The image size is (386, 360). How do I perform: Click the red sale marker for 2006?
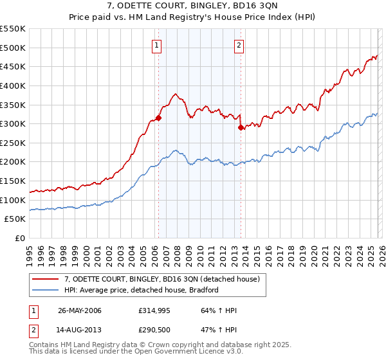click(158, 118)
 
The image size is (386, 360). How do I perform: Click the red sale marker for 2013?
click(241, 127)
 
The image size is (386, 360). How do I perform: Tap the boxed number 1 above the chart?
click(157, 45)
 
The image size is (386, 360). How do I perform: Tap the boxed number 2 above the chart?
click(239, 45)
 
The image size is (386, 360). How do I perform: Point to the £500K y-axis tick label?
click(13, 48)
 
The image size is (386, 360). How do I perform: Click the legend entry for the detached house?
click(161, 279)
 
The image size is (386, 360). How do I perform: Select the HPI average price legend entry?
click(142, 290)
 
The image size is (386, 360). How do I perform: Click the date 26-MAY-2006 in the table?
click(80, 310)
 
